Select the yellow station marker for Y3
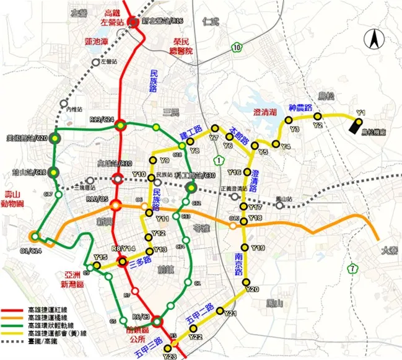(x=289, y=120)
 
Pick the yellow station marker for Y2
(x=318, y=116)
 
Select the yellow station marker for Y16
(x=248, y=172)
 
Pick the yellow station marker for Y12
(x=149, y=234)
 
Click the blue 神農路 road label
(x=301, y=107)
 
